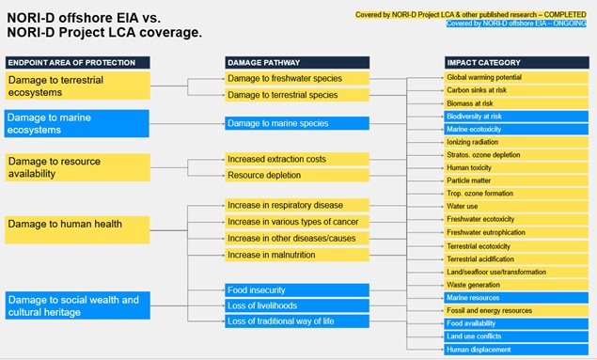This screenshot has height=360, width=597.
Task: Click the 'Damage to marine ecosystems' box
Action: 77,124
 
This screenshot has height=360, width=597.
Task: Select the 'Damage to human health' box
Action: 77,230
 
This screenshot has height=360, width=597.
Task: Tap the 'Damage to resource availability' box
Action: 78,167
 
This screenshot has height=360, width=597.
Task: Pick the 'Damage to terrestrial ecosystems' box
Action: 78,86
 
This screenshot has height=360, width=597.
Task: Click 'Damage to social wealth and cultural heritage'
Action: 78,305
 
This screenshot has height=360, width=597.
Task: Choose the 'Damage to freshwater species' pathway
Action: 297,78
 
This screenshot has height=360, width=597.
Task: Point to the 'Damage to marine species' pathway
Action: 297,123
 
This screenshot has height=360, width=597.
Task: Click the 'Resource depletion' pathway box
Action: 297,175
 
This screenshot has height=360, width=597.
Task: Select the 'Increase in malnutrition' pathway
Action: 297,255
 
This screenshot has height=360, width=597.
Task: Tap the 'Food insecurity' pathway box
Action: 297,290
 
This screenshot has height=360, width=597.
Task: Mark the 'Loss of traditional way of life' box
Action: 297,321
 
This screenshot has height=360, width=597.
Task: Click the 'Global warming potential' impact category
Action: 516,77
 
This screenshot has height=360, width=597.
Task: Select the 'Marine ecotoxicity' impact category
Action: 516,130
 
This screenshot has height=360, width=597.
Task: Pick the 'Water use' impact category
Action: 516,206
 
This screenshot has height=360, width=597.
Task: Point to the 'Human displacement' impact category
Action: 516,350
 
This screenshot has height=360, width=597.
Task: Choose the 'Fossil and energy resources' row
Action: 516,310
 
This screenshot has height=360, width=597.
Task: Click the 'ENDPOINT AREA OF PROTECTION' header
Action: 78,63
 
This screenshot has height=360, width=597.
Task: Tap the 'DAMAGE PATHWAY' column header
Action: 297,63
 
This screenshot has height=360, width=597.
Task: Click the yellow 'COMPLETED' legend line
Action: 471,15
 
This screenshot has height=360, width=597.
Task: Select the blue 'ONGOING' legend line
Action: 516,23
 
